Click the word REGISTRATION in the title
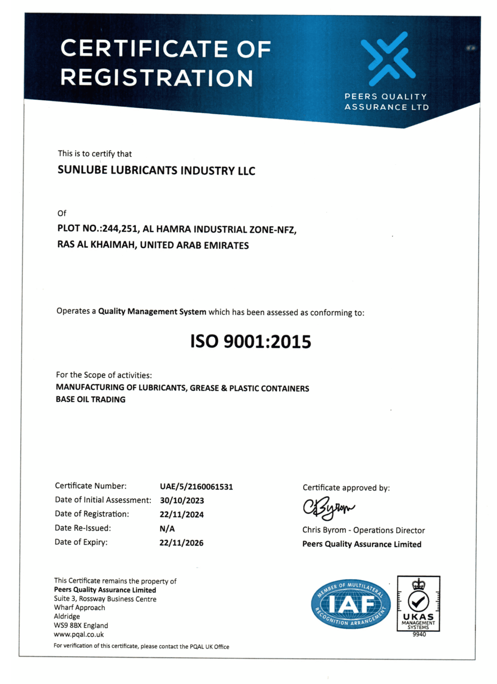(x=157, y=78)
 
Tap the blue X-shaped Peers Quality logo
(x=388, y=59)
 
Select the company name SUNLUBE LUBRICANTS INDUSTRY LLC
(x=156, y=170)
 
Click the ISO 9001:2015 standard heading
(x=250, y=341)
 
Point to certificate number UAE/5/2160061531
(x=196, y=487)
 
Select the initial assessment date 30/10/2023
(x=182, y=501)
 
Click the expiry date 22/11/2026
(x=181, y=543)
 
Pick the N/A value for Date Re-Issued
(x=167, y=529)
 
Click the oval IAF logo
(x=351, y=604)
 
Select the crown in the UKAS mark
(x=419, y=585)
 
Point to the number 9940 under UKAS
(x=419, y=634)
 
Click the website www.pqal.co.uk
(x=79, y=634)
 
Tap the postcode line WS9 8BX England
(x=81, y=625)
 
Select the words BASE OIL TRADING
(x=90, y=399)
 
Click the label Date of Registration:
(x=92, y=514)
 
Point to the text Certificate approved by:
(x=346, y=488)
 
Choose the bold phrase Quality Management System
(x=152, y=311)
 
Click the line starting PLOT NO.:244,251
(x=177, y=229)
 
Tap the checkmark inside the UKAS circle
(x=419, y=602)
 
